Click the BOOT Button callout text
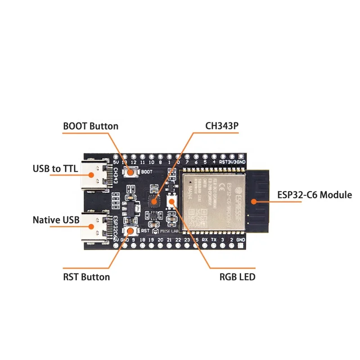pyautogui.click(x=90, y=126)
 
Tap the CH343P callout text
pyautogui.click(x=222, y=126)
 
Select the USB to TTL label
pyautogui.click(x=55, y=169)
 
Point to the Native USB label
pyautogui.click(x=56, y=220)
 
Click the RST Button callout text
pyautogui.click(x=86, y=276)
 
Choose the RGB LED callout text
pyautogui.click(x=237, y=276)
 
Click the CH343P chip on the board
pyautogui.click(x=154, y=201)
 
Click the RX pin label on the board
pyautogui.click(x=205, y=240)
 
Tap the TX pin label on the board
pyautogui.click(x=214, y=240)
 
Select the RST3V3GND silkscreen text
pyautogui.click(x=232, y=162)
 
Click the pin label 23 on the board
pyautogui.click(x=187, y=240)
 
